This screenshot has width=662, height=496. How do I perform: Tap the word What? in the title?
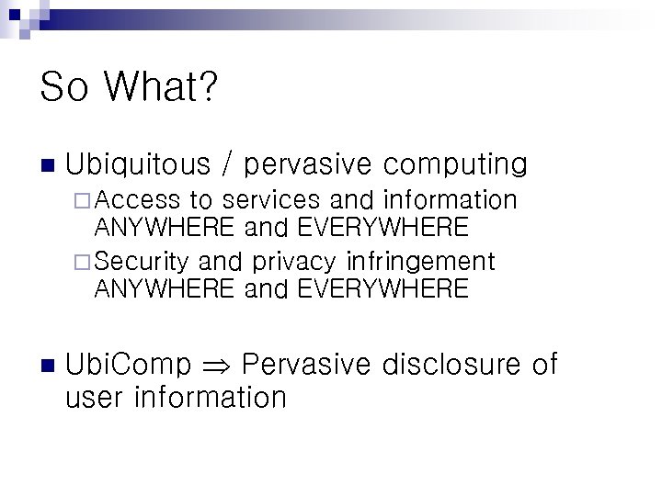pyautogui.click(x=161, y=88)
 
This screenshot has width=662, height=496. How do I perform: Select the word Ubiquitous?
pyautogui.click(x=138, y=165)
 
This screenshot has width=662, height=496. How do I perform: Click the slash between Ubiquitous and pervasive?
pyautogui.click(x=227, y=165)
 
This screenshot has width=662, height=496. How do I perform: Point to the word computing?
pyautogui.click(x=455, y=165)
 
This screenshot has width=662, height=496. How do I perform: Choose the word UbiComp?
pyautogui.click(x=129, y=365)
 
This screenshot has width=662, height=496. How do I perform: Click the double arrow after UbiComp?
pyautogui.click(x=217, y=366)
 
